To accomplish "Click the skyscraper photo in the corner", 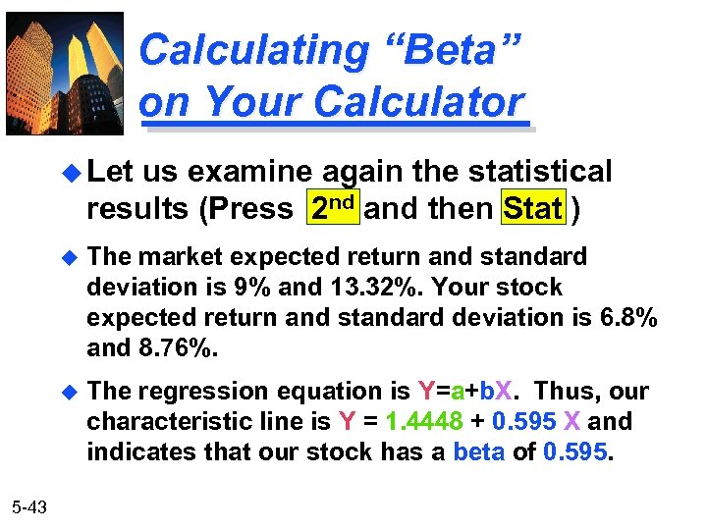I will [x=65, y=73].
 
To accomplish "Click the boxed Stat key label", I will [x=533, y=208].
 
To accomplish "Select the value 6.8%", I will [x=625, y=318].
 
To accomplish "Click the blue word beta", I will [x=476, y=452].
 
